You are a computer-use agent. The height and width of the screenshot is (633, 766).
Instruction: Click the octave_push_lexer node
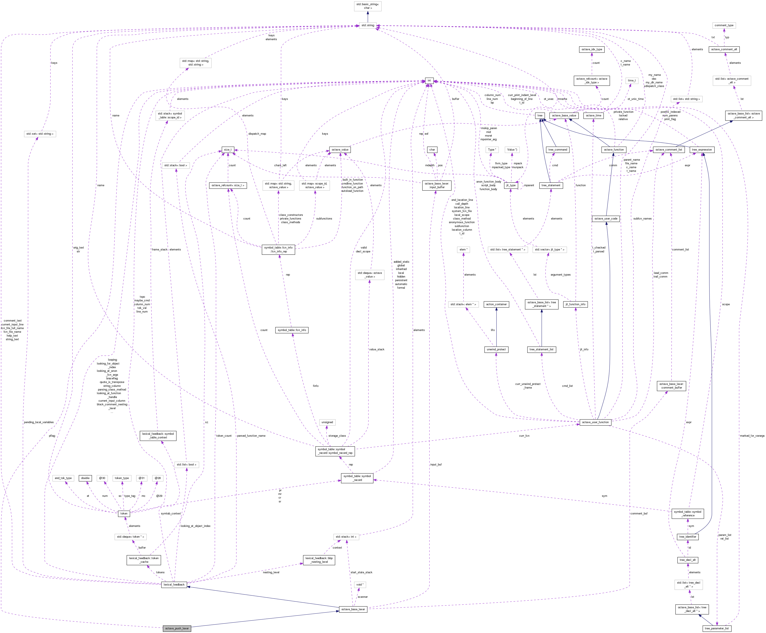coord(177,628)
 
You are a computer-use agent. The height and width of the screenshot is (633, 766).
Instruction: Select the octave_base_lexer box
coord(353,609)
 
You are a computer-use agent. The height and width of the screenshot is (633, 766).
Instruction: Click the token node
coord(124,513)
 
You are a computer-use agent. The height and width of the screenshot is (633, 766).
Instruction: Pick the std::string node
coord(367,25)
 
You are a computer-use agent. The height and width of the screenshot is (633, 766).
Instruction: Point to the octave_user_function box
coord(595,422)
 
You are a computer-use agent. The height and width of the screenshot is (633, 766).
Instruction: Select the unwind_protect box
coord(496,349)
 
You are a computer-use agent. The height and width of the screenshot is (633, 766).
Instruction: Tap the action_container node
coord(496,304)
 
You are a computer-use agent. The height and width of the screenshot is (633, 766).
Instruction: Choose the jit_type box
coord(511,185)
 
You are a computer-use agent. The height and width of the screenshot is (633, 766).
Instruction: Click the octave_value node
coord(340,149)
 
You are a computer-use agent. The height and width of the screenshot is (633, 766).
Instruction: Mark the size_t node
coord(228,149)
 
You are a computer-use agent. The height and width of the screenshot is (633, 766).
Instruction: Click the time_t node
coord(632,81)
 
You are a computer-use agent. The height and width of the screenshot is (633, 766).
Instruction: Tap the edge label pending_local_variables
coord(39,422)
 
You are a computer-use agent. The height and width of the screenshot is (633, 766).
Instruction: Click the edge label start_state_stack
coord(361,572)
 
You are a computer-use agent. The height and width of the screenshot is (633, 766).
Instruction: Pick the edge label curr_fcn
coord(524,436)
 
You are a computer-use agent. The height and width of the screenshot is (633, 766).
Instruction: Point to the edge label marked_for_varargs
coord(752,436)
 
